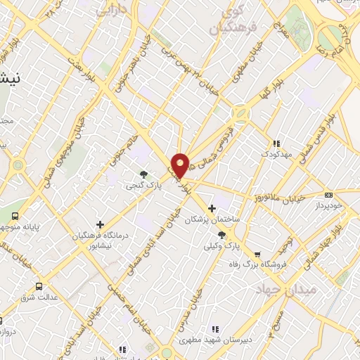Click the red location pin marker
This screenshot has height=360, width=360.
click(x=181, y=165)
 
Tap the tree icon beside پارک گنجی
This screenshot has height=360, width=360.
click(x=144, y=174)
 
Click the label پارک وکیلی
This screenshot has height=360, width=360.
click(x=221, y=246)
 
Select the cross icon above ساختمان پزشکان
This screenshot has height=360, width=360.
click(x=212, y=209)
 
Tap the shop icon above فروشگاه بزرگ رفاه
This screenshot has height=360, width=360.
click(x=257, y=254)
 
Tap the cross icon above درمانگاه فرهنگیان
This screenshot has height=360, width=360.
click(x=101, y=225)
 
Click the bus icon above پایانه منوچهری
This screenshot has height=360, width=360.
click(x=15, y=215)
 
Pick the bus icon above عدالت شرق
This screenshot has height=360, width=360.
click(x=39, y=286)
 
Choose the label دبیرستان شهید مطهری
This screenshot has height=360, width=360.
click(x=214, y=340)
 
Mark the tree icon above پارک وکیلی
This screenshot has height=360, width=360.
click(x=222, y=236)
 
